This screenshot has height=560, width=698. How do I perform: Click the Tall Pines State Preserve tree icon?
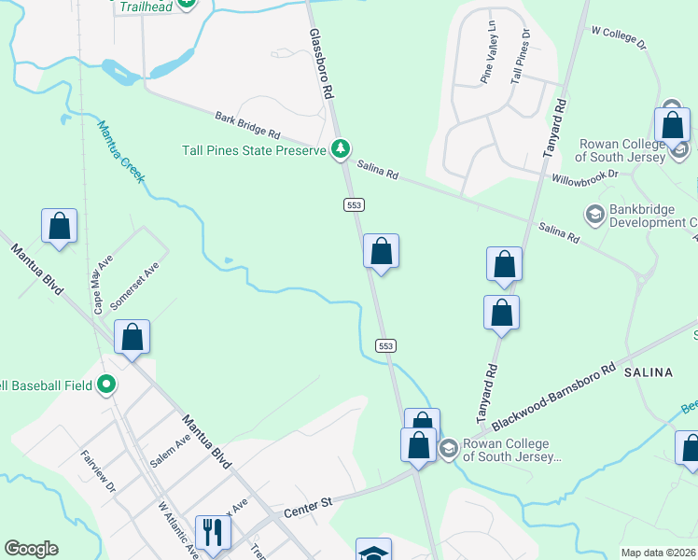point(342,149)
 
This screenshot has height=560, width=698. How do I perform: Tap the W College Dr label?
point(619,36)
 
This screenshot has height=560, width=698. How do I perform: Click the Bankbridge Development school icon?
point(593,216)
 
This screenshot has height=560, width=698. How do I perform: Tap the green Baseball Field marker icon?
point(107,385)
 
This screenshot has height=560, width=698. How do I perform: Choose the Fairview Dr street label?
point(98,471)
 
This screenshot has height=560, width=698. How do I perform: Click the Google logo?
point(31,549)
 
